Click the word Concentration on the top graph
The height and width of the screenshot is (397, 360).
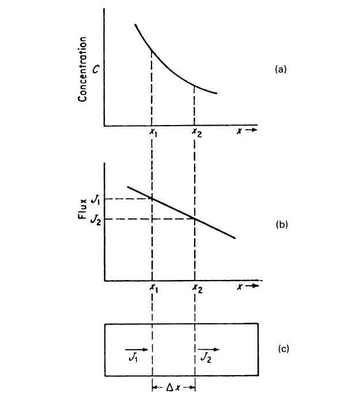click(x=83, y=69)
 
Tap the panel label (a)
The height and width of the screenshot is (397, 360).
click(x=281, y=69)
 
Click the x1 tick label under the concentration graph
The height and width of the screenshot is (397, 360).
click(x=153, y=133)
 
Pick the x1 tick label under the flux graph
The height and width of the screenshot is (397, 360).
click(x=153, y=288)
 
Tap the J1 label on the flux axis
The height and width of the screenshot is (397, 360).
click(x=96, y=199)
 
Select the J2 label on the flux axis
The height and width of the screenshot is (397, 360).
click(x=96, y=219)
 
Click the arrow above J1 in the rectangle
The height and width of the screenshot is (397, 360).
click(x=136, y=349)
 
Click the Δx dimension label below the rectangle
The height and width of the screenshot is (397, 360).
click(x=173, y=388)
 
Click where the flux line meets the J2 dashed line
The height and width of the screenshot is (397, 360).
click(x=195, y=219)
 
